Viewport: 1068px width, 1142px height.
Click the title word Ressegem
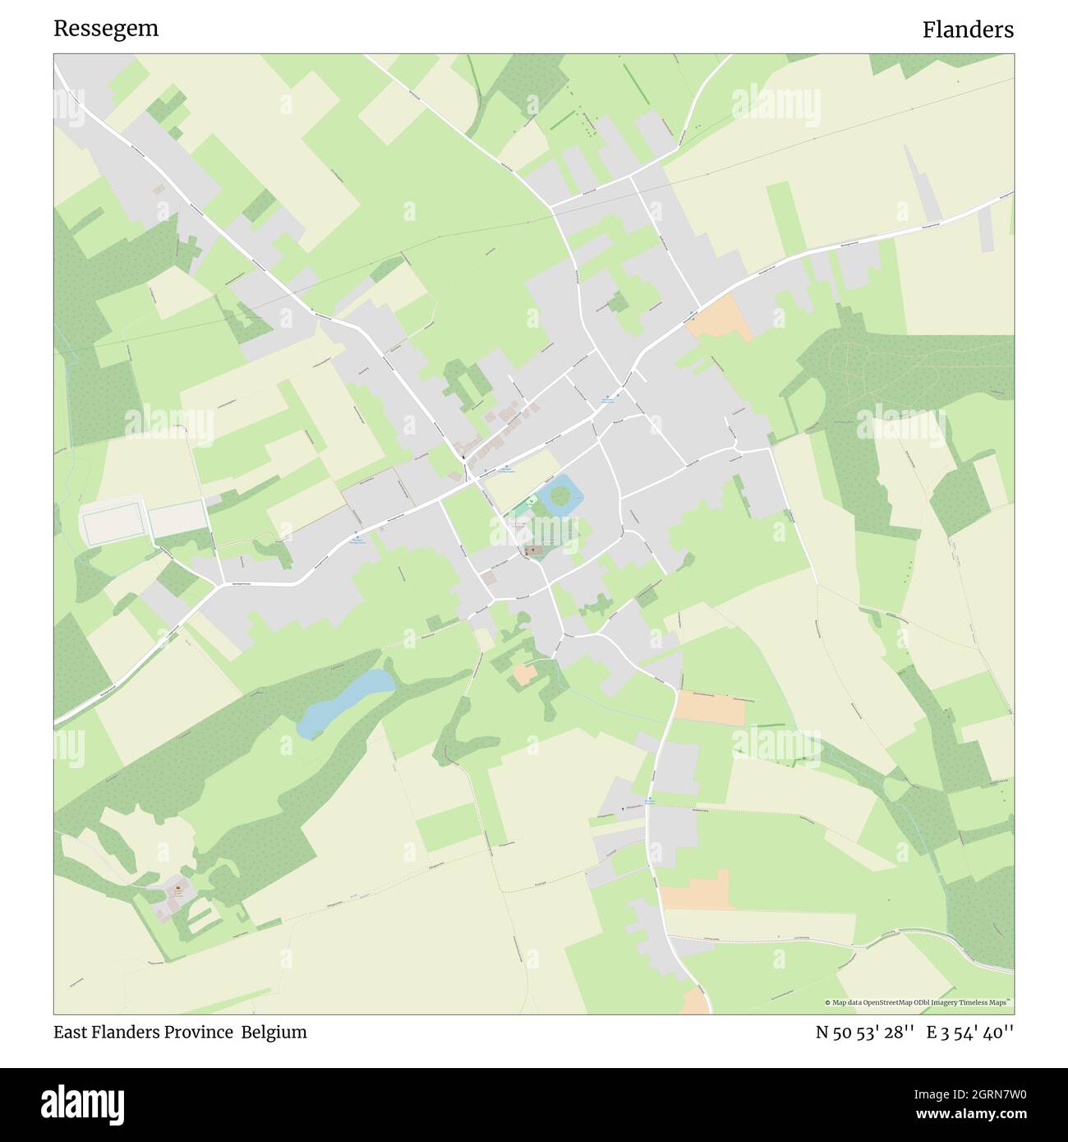click(106, 29)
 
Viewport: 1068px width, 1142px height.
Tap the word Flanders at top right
click(967, 30)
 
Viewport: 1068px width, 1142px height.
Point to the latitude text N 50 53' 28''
click(864, 1032)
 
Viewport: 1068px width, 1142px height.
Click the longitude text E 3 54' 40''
click(970, 1032)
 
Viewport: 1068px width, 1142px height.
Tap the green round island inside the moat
click(559, 495)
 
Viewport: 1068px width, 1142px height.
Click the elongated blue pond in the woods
click(345, 701)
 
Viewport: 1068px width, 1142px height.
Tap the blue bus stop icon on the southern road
click(649, 799)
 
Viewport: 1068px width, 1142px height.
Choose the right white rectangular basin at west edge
click(177, 519)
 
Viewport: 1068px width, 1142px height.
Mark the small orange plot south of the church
click(524, 674)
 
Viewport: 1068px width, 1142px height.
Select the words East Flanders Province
click(143, 1032)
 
